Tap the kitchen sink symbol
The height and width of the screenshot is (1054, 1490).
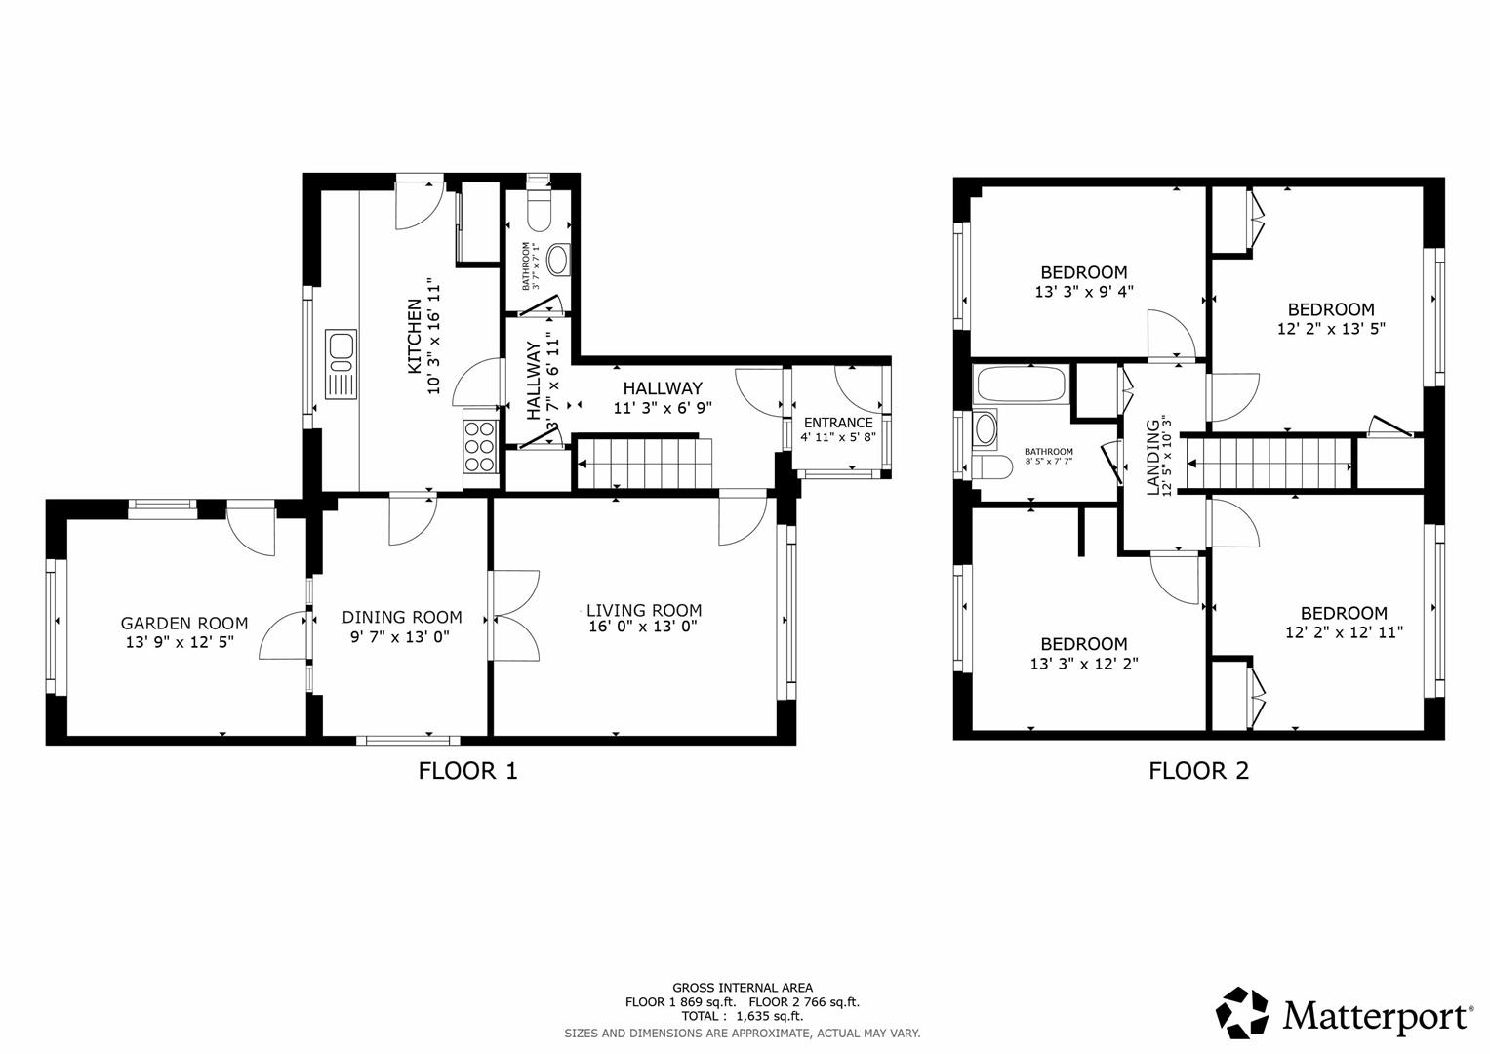coord(342,363)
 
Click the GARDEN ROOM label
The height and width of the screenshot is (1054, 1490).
coord(183,623)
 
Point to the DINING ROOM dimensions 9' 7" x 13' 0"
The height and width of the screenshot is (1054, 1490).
coord(401,636)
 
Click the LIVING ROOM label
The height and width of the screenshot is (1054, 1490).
coord(643,610)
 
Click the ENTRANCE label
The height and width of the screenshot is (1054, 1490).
coord(837,423)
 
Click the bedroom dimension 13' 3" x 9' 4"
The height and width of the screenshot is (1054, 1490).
coord(1083,291)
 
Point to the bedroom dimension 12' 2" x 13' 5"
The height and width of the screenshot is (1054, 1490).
coord(1331,329)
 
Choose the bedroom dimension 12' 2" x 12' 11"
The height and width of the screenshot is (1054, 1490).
coord(1344,632)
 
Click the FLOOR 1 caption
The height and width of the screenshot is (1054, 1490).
coord(467,770)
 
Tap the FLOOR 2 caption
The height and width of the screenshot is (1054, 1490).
coord(1198,770)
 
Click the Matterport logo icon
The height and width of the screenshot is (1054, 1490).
coord(1242,1013)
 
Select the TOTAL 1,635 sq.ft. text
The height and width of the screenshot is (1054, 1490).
coord(742,1016)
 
